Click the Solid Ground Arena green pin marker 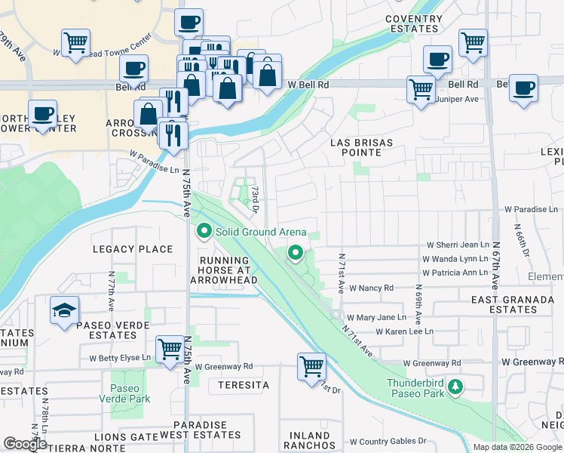[x=202, y=231]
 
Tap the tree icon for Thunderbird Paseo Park [x=455, y=387]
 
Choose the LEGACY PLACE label [x=133, y=249]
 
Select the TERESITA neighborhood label [x=244, y=385]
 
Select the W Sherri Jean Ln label [x=458, y=245]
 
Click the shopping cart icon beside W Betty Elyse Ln [x=169, y=348]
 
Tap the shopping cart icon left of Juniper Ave [x=421, y=88]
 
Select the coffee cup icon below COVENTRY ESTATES [x=437, y=58]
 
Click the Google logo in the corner [x=26, y=444]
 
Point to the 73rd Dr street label [x=256, y=199]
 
